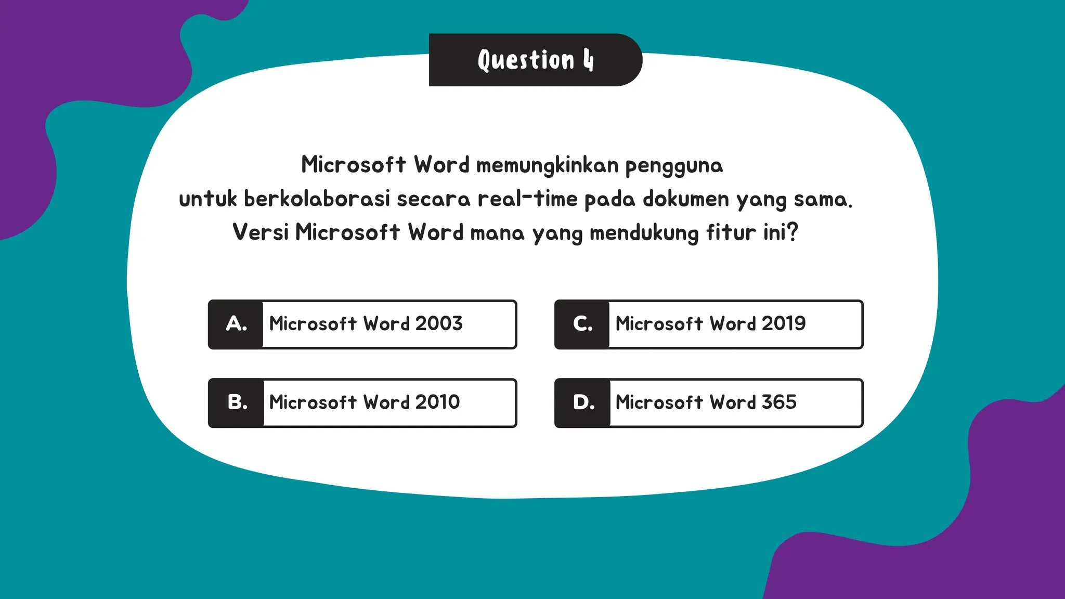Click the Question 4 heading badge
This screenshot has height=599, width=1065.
click(x=535, y=60)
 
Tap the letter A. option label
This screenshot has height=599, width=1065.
click(x=236, y=324)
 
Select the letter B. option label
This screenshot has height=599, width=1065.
click(x=237, y=402)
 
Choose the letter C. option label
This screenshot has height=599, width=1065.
click(x=582, y=324)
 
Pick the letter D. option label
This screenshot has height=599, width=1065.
click(x=583, y=402)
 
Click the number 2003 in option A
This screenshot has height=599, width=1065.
click(x=439, y=323)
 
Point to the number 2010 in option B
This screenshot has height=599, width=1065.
click(x=437, y=402)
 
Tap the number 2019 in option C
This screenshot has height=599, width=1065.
click(x=784, y=323)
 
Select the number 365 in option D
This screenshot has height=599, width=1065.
click(x=779, y=402)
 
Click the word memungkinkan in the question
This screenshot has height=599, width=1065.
click(x=548, y=165)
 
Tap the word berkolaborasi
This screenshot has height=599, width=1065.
click(x=317, y=199)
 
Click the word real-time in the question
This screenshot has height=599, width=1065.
click(x=527, y=199)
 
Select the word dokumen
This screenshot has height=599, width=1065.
click(x=686, y=199)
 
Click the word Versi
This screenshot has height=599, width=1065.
click(x=260, y=232)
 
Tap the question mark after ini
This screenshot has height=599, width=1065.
click(x=793, y=232)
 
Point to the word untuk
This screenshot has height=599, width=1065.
click(x=207, y=199)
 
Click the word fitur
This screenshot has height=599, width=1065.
click(x=731, y=232)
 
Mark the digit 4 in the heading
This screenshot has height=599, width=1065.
click(x=588, y=60)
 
